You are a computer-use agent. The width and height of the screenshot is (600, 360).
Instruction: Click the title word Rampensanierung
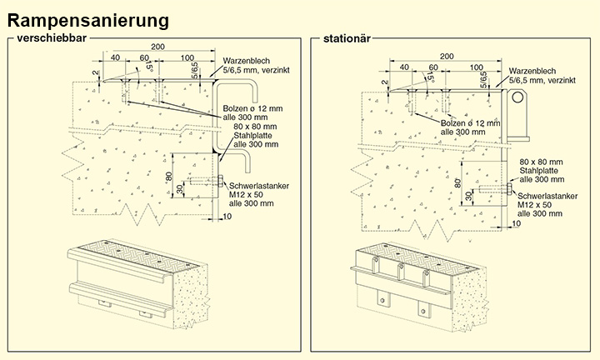pos(92,18)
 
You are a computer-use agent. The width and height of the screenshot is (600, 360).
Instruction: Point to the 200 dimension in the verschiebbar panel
pos(157,47)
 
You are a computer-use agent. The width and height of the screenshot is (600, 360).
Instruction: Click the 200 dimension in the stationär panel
pos(446,56)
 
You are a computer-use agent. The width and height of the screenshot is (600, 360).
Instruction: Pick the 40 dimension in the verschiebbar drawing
pos(115,57)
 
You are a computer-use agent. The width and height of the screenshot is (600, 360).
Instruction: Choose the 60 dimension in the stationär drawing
pos(433,67)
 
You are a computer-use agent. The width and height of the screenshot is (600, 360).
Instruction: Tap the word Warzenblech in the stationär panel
pos(532,69)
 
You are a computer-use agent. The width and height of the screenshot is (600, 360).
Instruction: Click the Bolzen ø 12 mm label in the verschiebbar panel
pos(253,109)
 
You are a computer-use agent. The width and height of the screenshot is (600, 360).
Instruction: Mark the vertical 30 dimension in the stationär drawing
pos(470,197)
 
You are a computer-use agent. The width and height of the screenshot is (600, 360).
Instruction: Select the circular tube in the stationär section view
pos(520,97)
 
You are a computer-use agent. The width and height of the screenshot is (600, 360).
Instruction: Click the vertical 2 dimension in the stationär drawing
pos(386,82)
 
